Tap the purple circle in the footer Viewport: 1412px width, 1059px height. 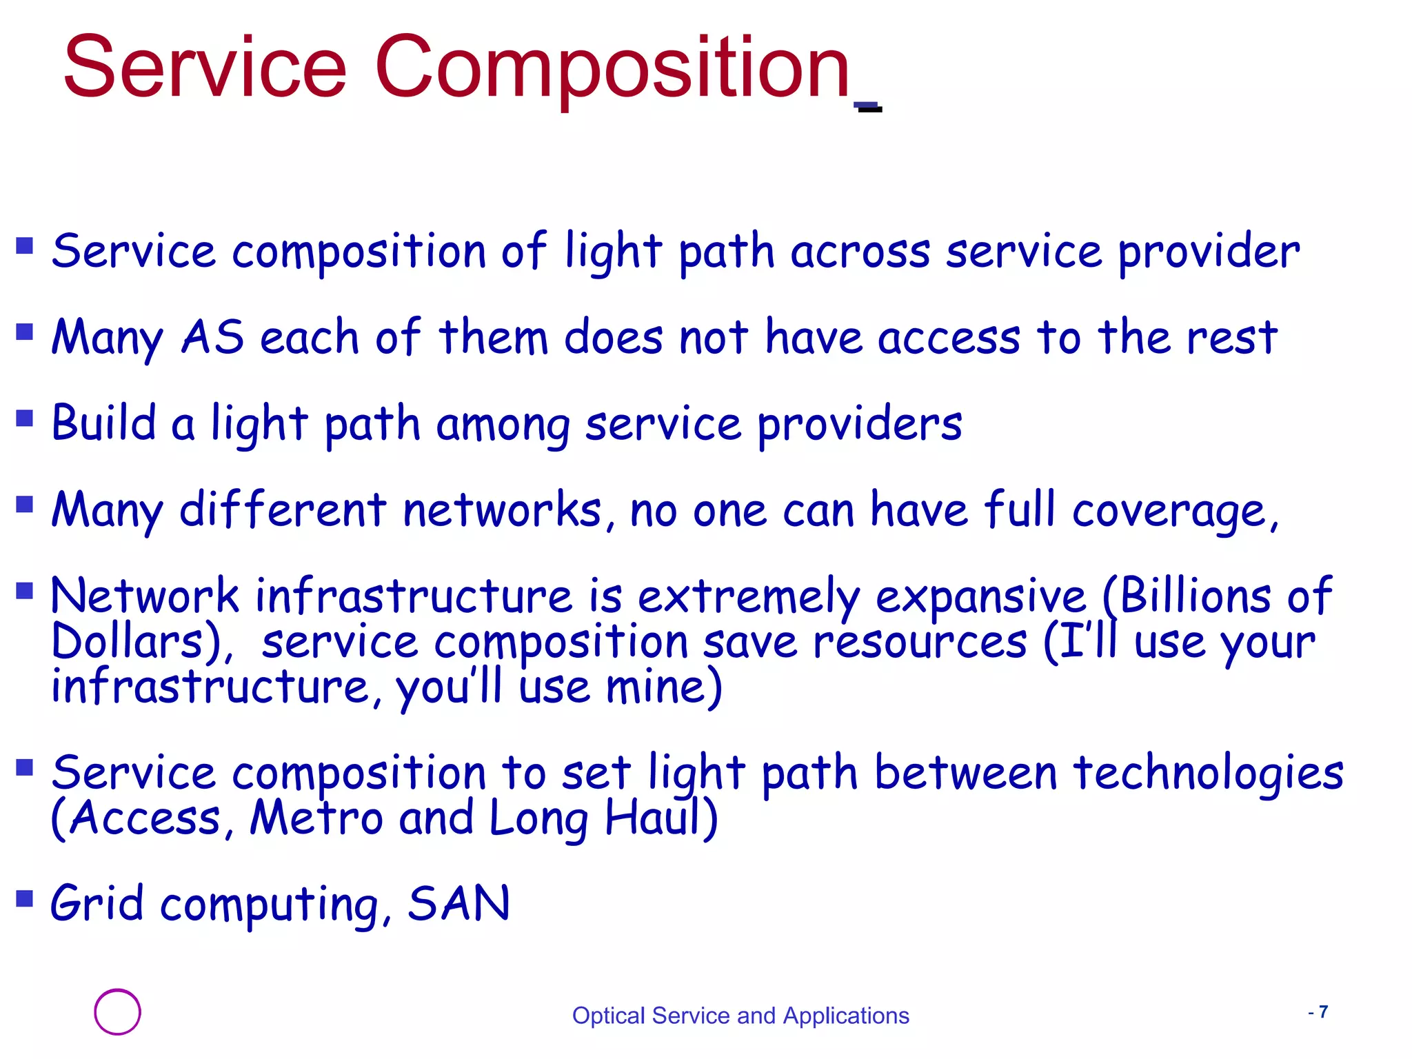[117, 1012]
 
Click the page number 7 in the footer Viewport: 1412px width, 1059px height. [1323, 1012]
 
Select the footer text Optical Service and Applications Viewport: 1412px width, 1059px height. [740, 1016]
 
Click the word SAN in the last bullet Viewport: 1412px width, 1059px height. [458, 903]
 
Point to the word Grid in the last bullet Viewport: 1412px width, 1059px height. [97, 903]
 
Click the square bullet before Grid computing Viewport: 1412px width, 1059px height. [25, 898]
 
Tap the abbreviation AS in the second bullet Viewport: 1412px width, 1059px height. [212, 338]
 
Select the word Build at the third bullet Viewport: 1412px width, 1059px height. [104, 423]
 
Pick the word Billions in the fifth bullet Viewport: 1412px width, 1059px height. [1194, 596]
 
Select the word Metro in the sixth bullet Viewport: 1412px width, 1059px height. [316, 818]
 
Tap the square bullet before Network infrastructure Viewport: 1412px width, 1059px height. [25, 591]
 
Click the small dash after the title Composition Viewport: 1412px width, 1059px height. [868, 107]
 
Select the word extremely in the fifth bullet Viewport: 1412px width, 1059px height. [749, 597]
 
